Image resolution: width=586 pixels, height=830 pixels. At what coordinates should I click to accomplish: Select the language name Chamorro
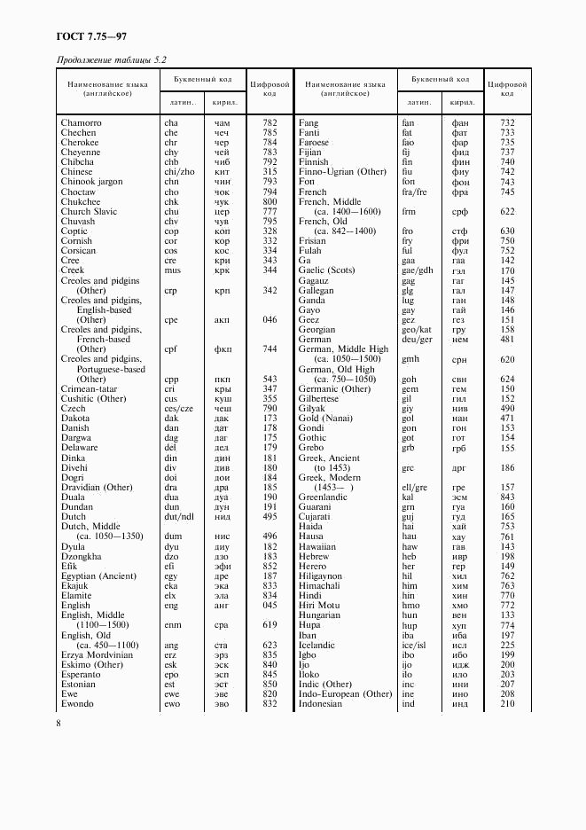click(x=81, y=122)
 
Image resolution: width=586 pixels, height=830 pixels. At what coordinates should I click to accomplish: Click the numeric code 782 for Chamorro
click(x=270, y=122)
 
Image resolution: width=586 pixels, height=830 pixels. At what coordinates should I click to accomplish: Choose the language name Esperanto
click(x=81, y=674)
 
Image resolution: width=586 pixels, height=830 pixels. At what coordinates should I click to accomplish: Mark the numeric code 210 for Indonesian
click(x=506, y=703)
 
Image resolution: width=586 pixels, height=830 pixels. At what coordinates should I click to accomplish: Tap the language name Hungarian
click(x=320, y=615)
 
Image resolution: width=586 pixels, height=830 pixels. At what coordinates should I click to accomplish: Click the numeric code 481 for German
click(x=506, y=339)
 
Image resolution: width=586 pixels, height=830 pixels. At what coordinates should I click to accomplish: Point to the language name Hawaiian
click(x=317, y=546)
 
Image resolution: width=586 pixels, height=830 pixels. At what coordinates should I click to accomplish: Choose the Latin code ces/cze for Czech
click(x=178, y=408)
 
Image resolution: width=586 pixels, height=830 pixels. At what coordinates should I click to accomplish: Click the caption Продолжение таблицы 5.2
click(x=111, y=59)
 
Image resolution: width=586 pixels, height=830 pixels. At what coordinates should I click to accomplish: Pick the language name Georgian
click(x=317, y=329)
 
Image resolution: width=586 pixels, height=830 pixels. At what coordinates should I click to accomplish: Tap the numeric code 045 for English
click(x=270, y=606)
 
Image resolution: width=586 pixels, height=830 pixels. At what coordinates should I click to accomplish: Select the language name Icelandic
click(x=317, y=645)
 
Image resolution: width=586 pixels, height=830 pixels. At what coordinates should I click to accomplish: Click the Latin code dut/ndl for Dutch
click(x=178, y=516)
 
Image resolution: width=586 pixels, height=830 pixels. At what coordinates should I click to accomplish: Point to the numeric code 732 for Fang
click(x=506, y=122)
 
